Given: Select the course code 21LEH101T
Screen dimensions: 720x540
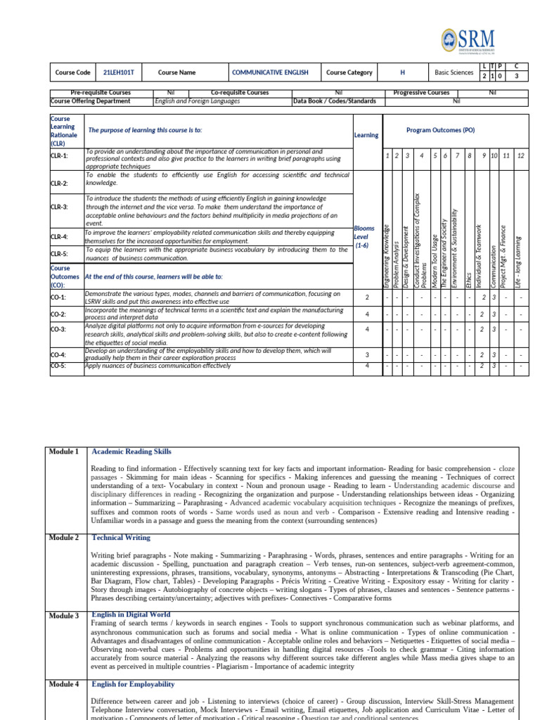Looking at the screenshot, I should click(118, 72).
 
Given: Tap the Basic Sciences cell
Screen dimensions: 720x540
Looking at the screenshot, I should click(454, 72).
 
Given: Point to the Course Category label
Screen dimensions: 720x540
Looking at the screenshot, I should click(349, 72).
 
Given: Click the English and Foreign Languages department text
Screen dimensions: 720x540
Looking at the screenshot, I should click(198, 101).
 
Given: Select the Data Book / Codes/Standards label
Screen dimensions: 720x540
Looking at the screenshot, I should click(335, 101).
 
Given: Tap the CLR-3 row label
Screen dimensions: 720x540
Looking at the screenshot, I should click(60, 207).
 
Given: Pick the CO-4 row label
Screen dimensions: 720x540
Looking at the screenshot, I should click(58, 355).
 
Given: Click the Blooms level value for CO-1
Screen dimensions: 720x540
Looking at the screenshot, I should click(367, 297).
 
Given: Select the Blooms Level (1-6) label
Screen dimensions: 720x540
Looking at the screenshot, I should click(366, 237).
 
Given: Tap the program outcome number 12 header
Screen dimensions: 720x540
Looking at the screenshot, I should click(520, 155).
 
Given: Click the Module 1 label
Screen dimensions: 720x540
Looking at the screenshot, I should click(64, 451).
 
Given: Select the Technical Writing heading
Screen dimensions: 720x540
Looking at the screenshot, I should click(121, 538).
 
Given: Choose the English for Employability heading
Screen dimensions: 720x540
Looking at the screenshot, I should click(133, 684).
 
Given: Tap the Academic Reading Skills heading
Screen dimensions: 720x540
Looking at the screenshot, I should click(131, 451).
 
